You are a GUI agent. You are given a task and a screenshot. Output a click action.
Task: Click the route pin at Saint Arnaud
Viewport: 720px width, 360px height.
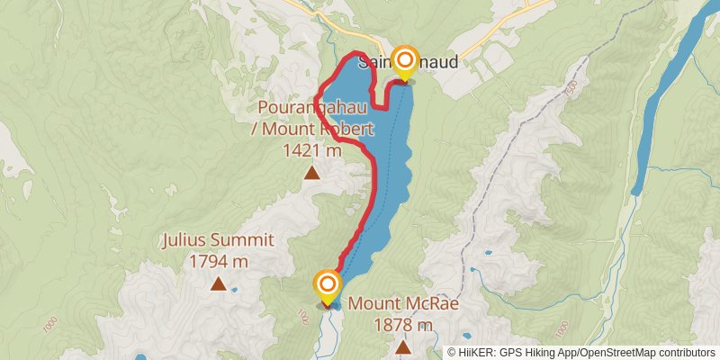coord(405,62)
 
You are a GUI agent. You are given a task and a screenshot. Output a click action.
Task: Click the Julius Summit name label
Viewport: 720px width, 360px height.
coord(218,241)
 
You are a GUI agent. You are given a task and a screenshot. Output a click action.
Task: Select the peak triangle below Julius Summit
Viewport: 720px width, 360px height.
coord(218,285)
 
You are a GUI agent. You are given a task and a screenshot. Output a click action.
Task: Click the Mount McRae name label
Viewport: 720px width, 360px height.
coord(403,304)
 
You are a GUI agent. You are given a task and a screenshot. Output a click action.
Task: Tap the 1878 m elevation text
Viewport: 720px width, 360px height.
coord(403,325)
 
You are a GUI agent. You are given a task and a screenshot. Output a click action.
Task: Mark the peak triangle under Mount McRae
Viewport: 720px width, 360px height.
coord(403,346)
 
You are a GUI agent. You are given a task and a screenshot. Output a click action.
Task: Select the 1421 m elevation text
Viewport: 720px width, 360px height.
coord(311,151)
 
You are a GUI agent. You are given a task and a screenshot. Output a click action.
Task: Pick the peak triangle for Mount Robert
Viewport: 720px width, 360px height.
coord(311,173)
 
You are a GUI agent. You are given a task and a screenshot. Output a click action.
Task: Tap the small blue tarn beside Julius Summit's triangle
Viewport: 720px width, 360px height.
coord(234,290)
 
